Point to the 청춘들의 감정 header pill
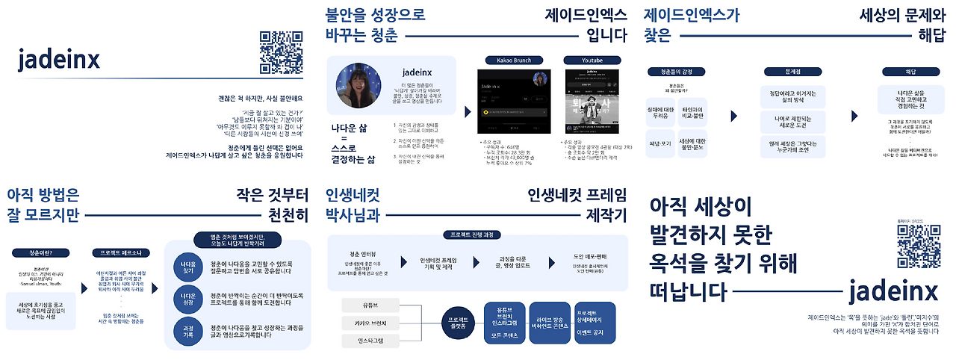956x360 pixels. pos(677,72)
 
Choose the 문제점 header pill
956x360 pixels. pos(792,72)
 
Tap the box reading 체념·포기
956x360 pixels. pos(664,143)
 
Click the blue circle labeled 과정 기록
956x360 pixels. pos(187,330)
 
